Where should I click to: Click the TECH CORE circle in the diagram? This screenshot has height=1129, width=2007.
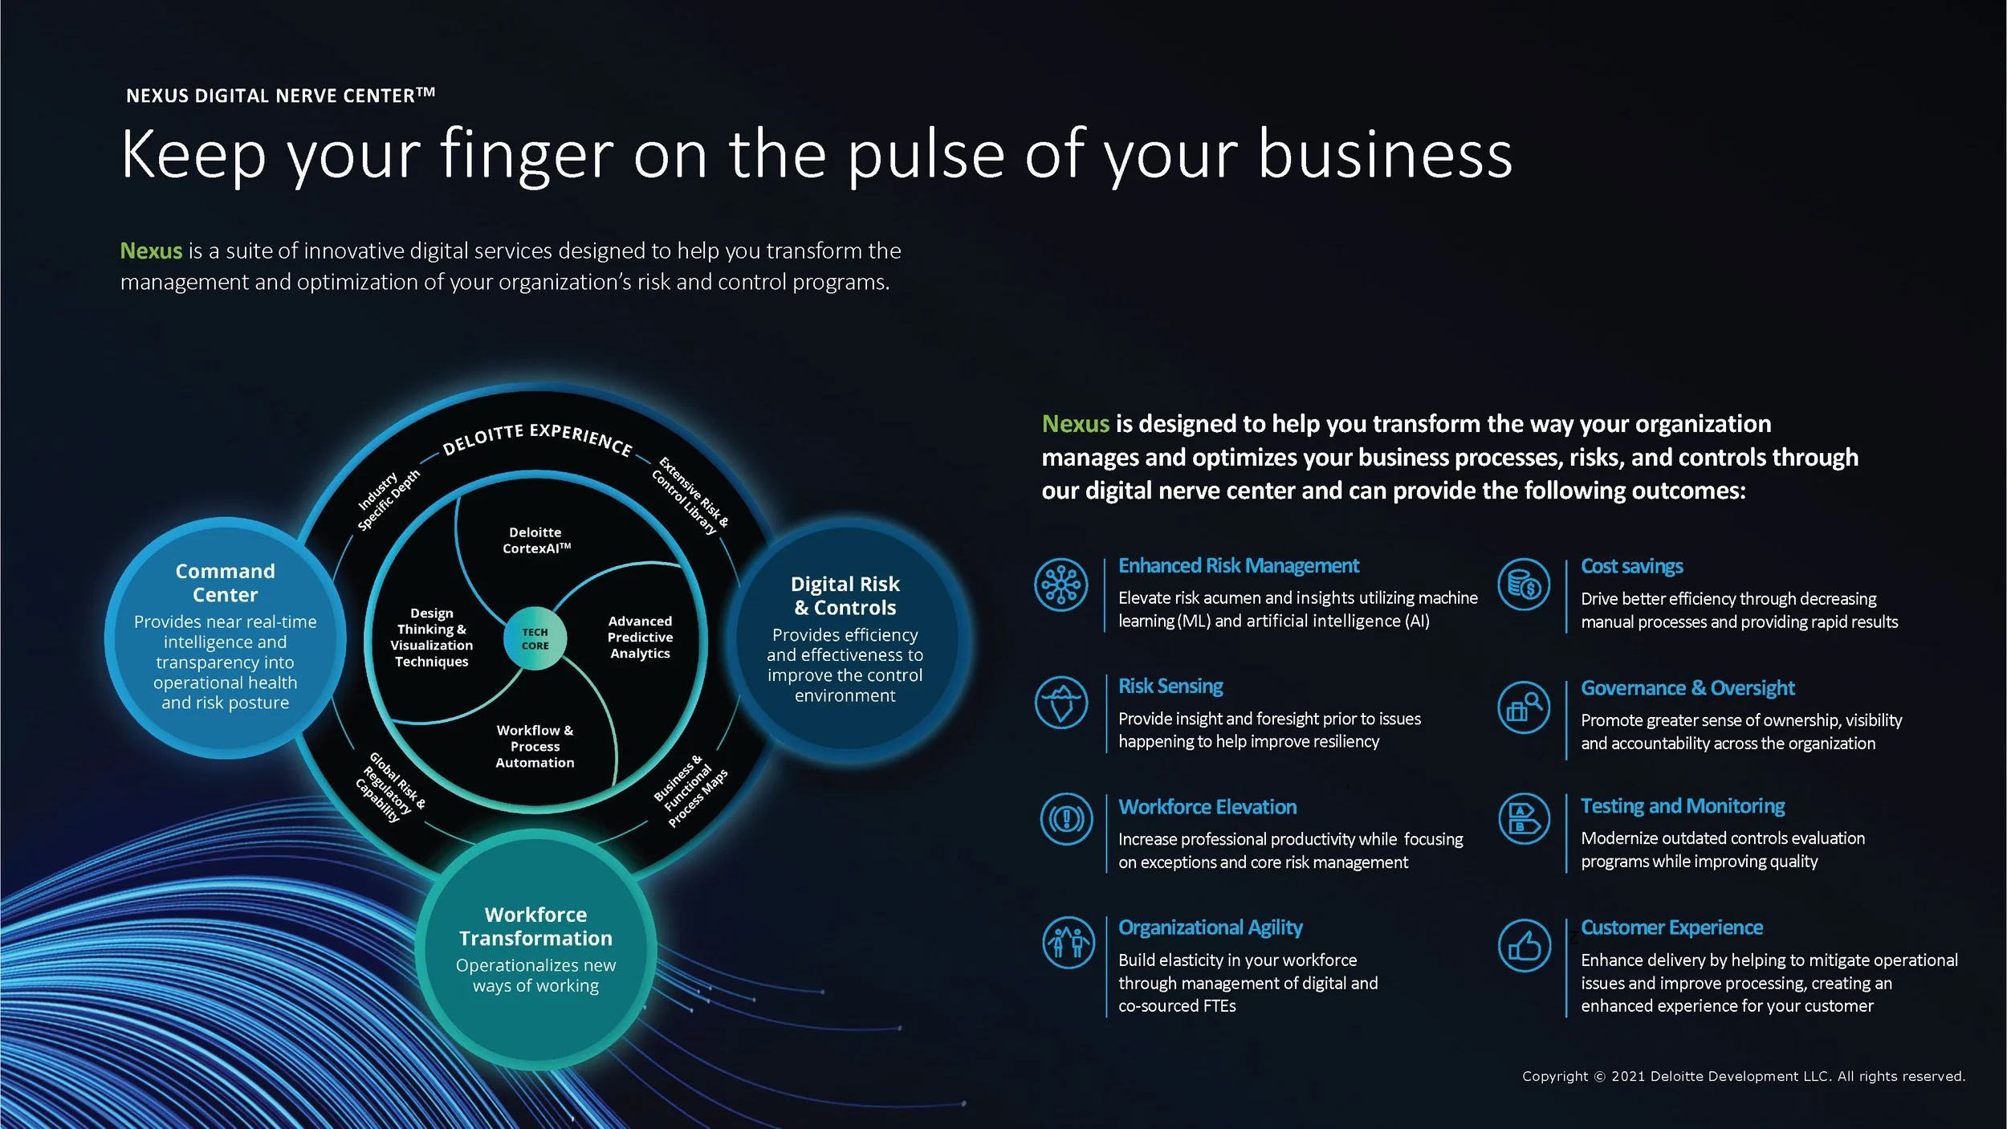pyautogui.click(x=535, y=638)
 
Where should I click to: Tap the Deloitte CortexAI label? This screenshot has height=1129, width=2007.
pyautogui.click(x=536, y=540)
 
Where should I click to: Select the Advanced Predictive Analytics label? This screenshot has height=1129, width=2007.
pyautogui.click(x=640, y=637)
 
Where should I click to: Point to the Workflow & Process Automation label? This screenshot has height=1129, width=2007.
pyautogui.click(x=535, y=746)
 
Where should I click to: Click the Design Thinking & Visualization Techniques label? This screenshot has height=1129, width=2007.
pyautogui.click(x=432, y=637)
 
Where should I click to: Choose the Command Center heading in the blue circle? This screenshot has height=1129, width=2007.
pyautogui.click(x=226, y=583)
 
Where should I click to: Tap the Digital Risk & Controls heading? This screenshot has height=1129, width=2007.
pyautogui.click(x=845, y=595)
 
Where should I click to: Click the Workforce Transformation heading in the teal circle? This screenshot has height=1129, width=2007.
pyautogui.click(x=535, y=926)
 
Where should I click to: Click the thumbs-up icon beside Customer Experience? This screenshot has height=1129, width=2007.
pyautogui.click(x=1524, y=945)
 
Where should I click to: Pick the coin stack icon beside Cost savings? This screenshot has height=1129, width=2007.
pyautogui.click(x=1524, y=584)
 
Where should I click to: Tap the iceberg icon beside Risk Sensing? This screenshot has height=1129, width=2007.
pyautogui.click(x=1061, y=702)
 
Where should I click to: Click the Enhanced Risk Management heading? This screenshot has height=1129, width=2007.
pyautogui.click(x=1238, y=566)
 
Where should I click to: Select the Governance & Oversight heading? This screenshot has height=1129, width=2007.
pyautogui.click(x=1687, y=688)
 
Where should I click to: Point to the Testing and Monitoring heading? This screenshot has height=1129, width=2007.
pyautogui.click(x=1683, y=806)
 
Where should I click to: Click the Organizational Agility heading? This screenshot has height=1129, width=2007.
pyautogui.click(x=1210, y=927)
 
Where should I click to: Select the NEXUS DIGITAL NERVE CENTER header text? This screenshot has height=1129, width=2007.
pyautogui.click(x=280, y=96)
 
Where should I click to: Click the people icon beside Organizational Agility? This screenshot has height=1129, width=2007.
pyautogui.click(x=1068, y=943)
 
